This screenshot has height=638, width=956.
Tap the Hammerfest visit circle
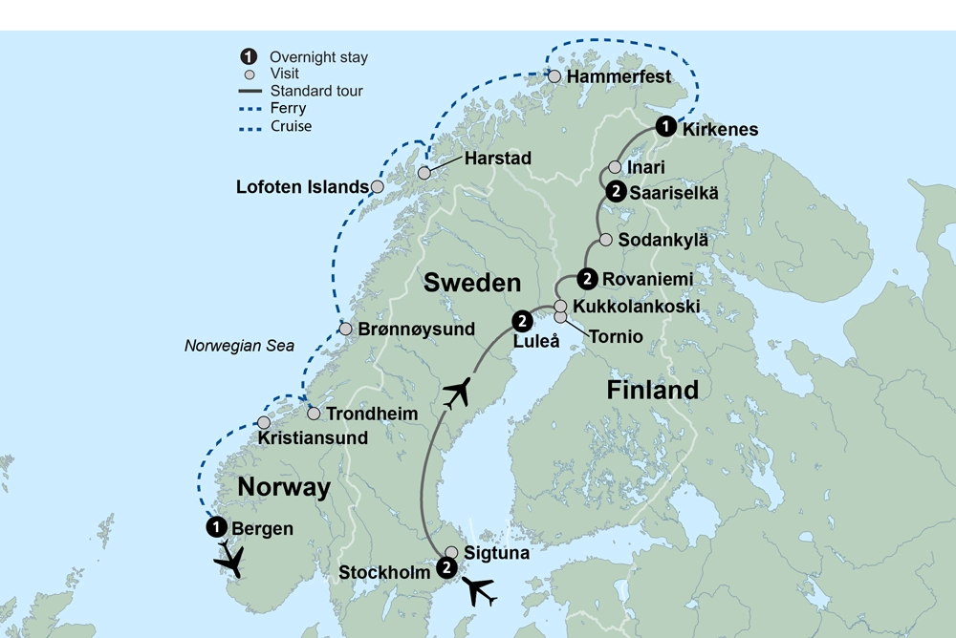(x=554, y=75)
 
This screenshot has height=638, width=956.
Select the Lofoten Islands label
(x=302, y=187)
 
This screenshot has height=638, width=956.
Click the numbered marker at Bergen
(x=217, y=526)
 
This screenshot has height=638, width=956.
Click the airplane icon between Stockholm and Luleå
(x=458, y=393)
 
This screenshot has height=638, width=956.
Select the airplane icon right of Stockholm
(x=480, y=591)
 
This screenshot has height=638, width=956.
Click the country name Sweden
(x=472, y=282)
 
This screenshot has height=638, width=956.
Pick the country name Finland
(x=652, y=390)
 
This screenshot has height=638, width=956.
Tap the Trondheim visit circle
(x=314, y=414)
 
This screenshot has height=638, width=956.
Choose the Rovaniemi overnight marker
(x=588, y=279)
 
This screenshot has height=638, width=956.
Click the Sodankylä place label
(x=663, y=239)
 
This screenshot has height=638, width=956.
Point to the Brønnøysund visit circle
(x=345, y=329)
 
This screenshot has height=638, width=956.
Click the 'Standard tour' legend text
(x=316, y=92)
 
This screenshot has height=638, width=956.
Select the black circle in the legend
(x=249, y=57)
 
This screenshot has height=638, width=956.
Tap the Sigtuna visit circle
(x=451, y=551)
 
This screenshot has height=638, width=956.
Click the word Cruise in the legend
(x=291, y=126)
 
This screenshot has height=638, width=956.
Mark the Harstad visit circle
(x=424, y=173)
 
